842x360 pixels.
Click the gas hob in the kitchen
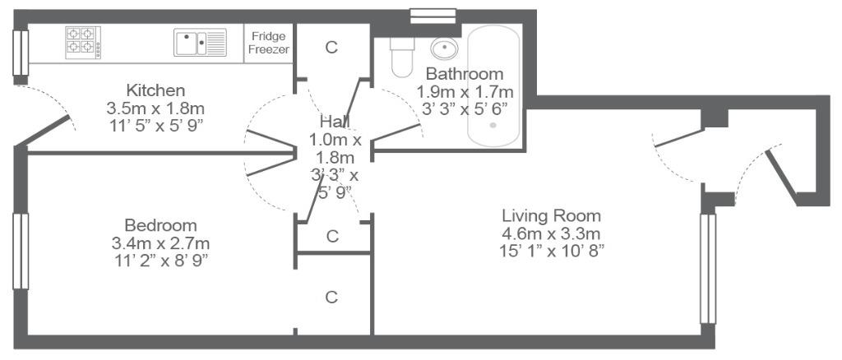[x=83, y=43]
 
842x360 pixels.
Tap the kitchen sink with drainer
[x=200, y=43]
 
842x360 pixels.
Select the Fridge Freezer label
[x=269, y=43]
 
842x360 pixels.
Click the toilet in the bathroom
[x=401, y=57]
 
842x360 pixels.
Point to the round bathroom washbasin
[x=444, y=48]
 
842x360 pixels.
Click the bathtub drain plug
[x=493, y=126]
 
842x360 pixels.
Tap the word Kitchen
[x=155, y=90]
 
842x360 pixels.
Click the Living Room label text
[x=552, y=216]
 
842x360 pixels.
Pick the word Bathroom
[x=465, y=73]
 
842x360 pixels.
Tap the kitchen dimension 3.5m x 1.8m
[x=155, y=108]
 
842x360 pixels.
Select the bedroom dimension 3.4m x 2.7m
[x=160, y=243]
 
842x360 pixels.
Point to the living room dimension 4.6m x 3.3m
[x=551, y=234]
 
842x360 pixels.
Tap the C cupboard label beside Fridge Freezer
[x=332, y=47]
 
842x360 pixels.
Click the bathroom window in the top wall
[x=433, y=16]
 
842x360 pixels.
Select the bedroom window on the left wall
[x=21, y=251]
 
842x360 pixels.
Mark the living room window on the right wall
[x=708, y=269]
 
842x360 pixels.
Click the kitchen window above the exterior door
[x=21, y=53]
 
